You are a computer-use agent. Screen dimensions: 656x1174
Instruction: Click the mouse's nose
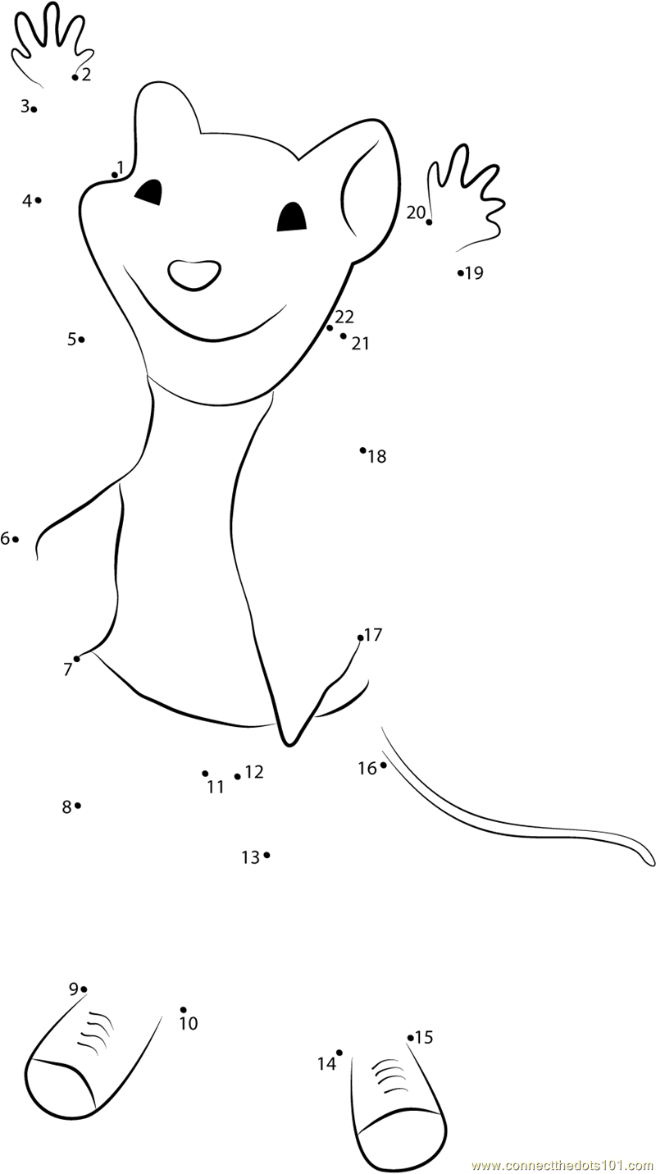(194, 274)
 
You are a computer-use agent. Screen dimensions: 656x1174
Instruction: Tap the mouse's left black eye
(149, 193)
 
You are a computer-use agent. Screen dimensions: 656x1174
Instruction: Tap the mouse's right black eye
(292, 218)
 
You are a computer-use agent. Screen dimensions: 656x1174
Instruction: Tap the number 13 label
(250, 857)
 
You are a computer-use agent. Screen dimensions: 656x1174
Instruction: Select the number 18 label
(377, 457)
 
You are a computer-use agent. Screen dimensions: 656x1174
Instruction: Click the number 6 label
(5, 539)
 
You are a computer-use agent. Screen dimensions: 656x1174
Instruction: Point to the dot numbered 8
(78, 806)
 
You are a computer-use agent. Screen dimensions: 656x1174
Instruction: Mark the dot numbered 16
(383, 765)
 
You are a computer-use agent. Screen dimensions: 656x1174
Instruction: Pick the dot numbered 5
(81, 339)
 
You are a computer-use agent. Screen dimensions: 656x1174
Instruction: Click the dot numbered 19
(461, 272)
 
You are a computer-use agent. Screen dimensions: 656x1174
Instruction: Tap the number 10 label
(189, 1024)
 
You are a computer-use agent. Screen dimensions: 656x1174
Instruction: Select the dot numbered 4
(38, 199)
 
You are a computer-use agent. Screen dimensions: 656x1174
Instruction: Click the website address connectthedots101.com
(563, 1165)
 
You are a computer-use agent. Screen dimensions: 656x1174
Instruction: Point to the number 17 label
(373, 635)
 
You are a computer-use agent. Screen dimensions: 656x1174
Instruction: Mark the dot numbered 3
(34, 109)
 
